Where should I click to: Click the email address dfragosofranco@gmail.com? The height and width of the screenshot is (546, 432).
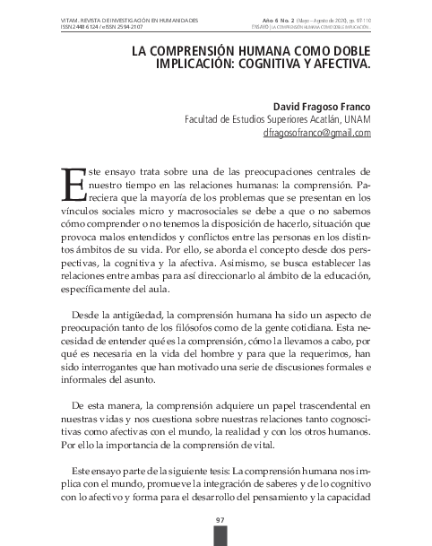tap(317, 134)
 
